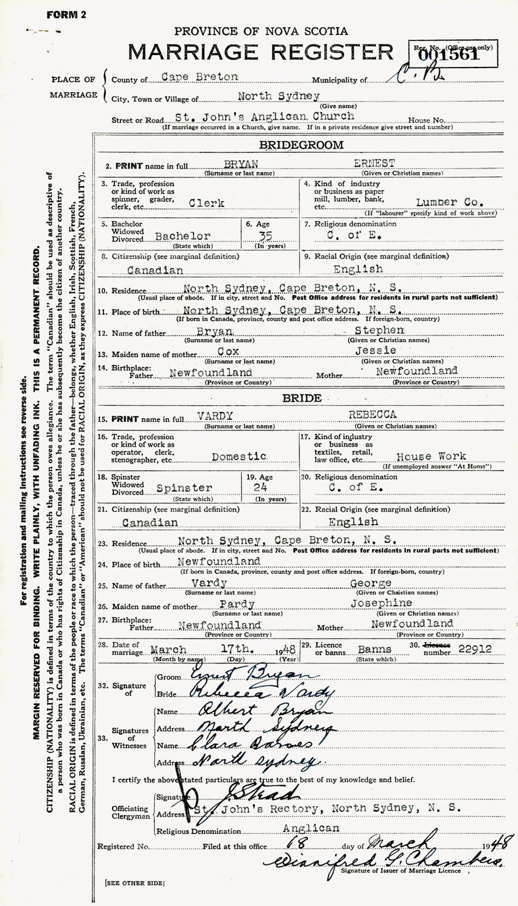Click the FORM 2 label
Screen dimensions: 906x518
(66, 14)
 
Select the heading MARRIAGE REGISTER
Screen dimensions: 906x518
(261, 53)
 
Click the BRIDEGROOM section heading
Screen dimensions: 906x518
(301, 145)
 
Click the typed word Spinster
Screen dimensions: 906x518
(184, 488)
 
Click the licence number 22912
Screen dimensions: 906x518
(471, 649)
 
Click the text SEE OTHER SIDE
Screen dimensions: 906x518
(134, 883)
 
